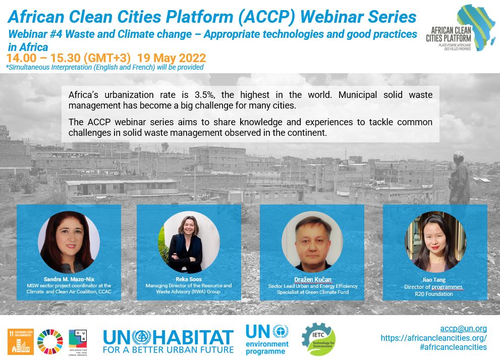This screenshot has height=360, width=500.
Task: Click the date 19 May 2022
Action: point(172,58)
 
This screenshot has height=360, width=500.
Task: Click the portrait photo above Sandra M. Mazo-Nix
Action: point(69,242)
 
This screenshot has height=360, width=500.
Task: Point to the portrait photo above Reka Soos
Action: point(189,242)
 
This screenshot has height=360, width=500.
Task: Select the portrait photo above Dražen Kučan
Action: point(312,242)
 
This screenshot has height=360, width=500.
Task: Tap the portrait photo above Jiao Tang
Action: point(435,242)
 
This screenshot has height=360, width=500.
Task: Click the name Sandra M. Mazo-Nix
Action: point(69,279)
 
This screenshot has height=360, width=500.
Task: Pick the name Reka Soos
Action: point(189,279)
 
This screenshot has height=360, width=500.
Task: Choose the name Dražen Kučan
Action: point(313,280)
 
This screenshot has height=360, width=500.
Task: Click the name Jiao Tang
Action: point(434,280)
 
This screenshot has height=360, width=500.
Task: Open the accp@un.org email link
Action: point(464,328)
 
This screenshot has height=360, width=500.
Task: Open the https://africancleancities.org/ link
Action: point(434,338)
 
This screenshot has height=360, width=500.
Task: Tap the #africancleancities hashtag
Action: point(454,347)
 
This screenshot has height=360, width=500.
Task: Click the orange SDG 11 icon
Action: point(21,342)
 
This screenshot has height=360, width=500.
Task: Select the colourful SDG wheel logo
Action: point(50,342)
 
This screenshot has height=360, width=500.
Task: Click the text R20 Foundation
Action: point(434,294)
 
